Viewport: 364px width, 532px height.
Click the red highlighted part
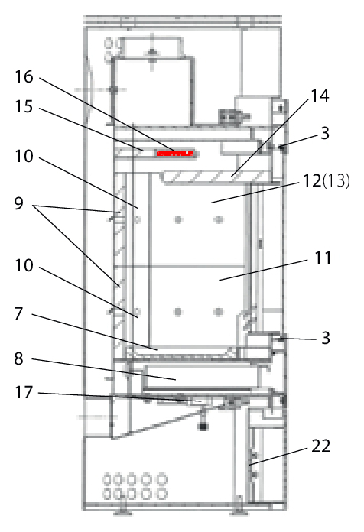(174, 154)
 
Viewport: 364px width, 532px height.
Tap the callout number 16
(24, 76)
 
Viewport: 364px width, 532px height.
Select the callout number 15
(24, 106)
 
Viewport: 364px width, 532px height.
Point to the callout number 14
(320, 96)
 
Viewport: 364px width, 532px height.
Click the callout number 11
(323, 258)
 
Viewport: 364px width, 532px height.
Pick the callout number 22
(321, 446)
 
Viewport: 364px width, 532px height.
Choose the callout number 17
(24, 393)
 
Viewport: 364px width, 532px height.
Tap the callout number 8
(18, 358)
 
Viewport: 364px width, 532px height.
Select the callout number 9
(18, 203)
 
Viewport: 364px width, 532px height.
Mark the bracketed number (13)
(336, 180)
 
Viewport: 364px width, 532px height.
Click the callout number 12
(312, 180)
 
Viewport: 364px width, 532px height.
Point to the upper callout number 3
(325, 133)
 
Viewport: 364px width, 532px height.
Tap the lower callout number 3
(326, 338)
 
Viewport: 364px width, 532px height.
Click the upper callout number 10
(24, 156)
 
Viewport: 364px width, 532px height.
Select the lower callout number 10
(24, 265)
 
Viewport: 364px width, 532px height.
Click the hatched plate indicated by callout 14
(215, 177)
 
